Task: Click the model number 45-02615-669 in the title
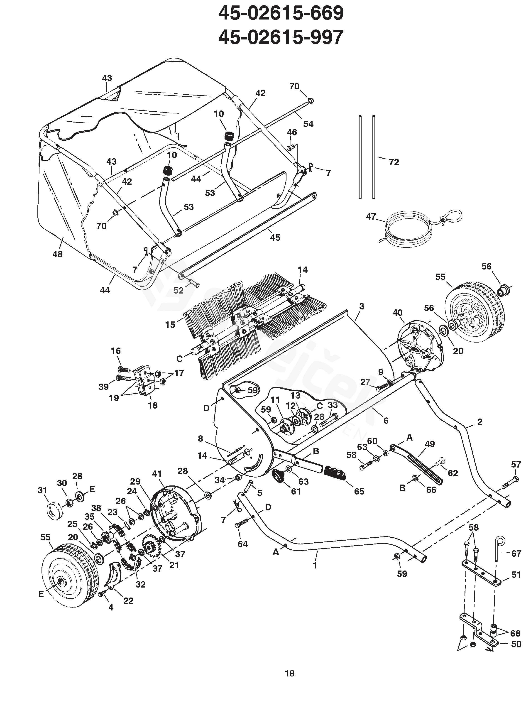click(x=281, y=13)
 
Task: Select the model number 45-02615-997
click(x=281, y=37)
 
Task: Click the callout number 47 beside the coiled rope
click(x=371, y=216)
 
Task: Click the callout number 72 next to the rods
click(x=394, y=162)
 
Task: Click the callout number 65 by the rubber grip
click(x=359, y=491)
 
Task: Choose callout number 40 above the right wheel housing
click(x=398, y=313)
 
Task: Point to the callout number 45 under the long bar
click(x=275, y=238)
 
